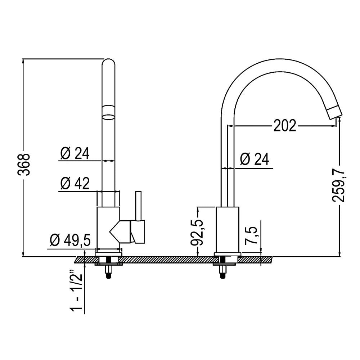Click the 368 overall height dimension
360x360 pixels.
(24, 165)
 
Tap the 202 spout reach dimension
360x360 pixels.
(285, 126)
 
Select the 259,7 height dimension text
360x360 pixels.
(339, 186)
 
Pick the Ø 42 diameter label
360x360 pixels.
(75, 183)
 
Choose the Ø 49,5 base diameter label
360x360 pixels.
(70, 240)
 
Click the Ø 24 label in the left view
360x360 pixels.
(75, 153)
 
